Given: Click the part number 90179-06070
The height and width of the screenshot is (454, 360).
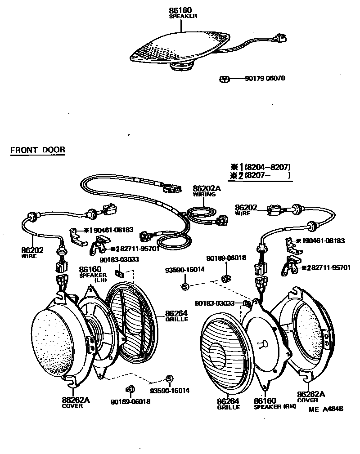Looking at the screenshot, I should (x=265, y=79).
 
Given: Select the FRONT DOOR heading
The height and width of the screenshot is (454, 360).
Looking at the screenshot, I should (x=37, y=150).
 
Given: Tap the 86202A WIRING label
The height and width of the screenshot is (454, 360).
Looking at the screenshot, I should (x=207, y=191).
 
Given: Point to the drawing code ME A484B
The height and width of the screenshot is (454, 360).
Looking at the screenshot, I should (x=326, y=409).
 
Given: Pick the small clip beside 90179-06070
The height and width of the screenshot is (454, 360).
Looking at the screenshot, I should (x=225, y=79).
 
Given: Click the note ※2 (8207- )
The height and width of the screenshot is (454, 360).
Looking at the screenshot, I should (x=260, y=175).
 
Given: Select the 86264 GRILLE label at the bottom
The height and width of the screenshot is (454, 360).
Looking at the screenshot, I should (x=228, y=404).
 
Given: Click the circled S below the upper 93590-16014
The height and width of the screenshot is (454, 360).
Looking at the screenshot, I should (x=185, y=287).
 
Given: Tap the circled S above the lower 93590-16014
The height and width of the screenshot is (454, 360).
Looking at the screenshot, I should (x=169, y=378).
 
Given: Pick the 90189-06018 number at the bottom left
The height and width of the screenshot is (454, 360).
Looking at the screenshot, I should (x=130, y=401).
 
